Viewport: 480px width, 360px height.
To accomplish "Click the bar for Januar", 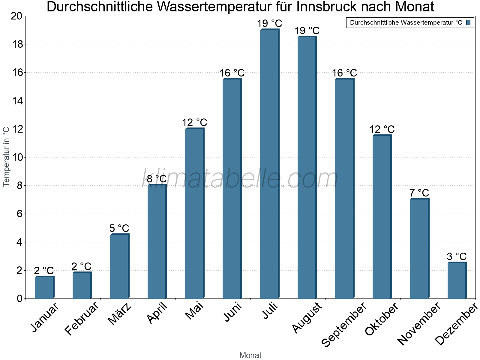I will pyautogui.click(x=44, y=287).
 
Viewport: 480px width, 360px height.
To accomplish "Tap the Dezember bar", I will pyautogui.click(x=457, y=280).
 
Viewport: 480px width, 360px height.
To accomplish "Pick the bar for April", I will pyautogui.click(x=157, y=242).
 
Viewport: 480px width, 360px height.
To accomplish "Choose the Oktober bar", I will pyautogui.click(x=382, y=217).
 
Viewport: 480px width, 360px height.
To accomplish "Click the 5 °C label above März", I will pyautogui.click(x=119, y=228).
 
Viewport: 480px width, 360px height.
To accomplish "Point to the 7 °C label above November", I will pyautogui.click(x=419, y=193).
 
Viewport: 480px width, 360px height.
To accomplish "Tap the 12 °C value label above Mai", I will pyautogui.click(x=194, y=122).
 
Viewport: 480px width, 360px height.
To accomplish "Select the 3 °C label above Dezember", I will pyautogui.click(x=457, y=256).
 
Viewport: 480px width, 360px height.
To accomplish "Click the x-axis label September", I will pyautogui.click(x=344, y=324).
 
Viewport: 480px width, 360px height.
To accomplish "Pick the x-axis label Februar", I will pyautogui.click(x=82, y=318).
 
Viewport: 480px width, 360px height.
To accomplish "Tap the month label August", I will pyautogui.click(x=307, y=318).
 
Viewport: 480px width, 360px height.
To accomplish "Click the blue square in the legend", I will pyautogui.click(x=468, y=22).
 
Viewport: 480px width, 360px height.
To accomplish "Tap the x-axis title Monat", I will pyautogui.click(x=250, y=355).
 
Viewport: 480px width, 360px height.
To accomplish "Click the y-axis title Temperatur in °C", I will pyautogui.click(x=6, y=156).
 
